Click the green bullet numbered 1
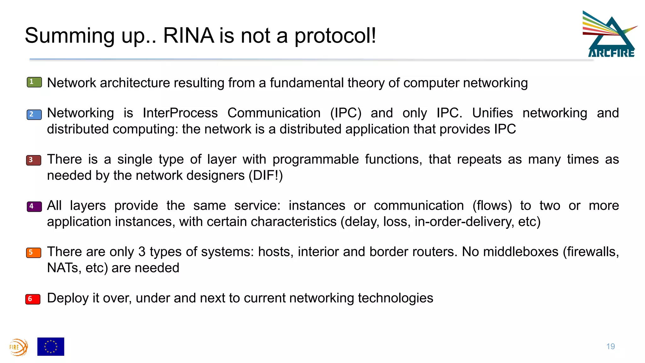[34, 82]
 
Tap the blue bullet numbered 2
[34, 114]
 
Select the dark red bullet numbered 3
[34, 160]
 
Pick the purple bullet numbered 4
[34, 207]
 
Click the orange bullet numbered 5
[34, 253]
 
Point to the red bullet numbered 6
[33, 299]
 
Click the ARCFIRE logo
[610, 35]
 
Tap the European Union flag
[51, 347]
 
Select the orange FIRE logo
[19, 347]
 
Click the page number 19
[610, 347]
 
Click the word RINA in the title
[188, 35]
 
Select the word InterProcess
[180, 113]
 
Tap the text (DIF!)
[265, 176]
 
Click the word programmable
[315, 159]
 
